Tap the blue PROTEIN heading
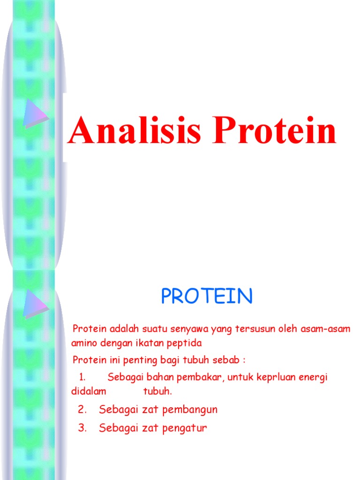click(207, 296)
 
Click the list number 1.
click(82, 377)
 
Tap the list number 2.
click(82, 410)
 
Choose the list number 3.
click(82, 428)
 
